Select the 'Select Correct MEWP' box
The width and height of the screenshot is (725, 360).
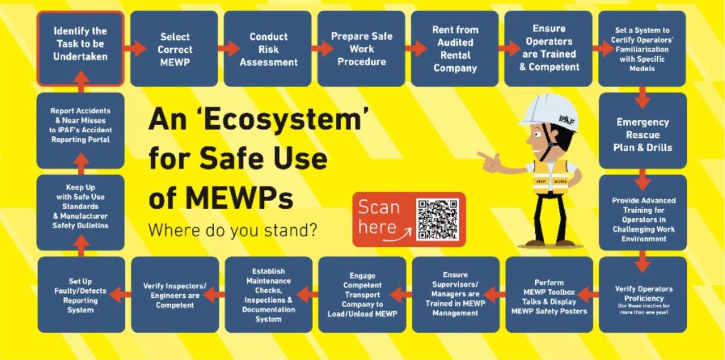point(174,48)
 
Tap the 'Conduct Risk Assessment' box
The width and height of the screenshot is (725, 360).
point(268,48)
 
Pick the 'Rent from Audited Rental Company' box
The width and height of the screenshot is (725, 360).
point(455,48)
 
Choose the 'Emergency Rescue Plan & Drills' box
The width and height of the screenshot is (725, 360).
point(643,134)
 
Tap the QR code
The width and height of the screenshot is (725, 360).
point(438,219)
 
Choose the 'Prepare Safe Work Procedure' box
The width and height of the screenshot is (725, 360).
point(361,48)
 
